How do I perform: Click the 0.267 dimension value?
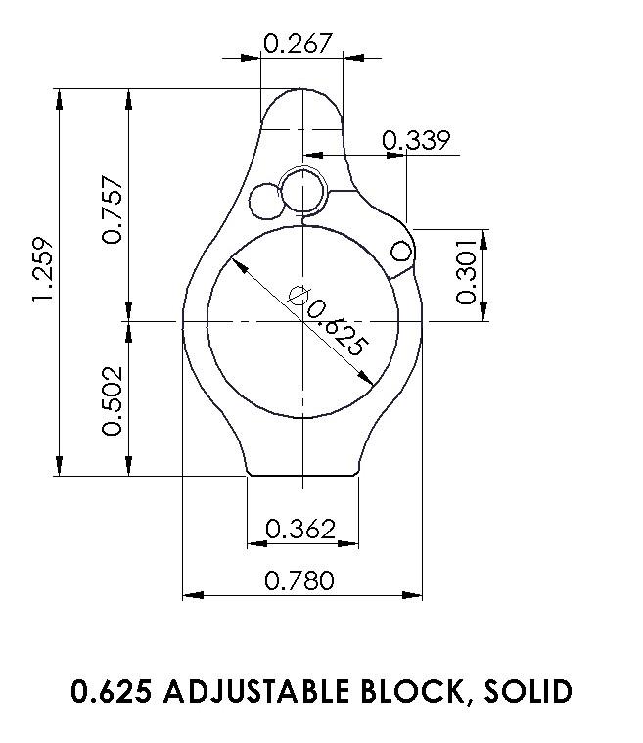pos(299,43)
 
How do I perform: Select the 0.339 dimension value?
pos(416,141)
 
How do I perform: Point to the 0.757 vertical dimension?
pos(114,209)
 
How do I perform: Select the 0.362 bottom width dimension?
pos(300,530)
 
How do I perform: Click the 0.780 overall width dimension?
pos(300,581)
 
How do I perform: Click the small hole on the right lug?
pos(401,253)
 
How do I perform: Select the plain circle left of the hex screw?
pos(264,202)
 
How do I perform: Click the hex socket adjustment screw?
pos(302,190)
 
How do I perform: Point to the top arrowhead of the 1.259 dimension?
pos(61,96)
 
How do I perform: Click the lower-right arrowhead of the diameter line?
pos(367,380)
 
